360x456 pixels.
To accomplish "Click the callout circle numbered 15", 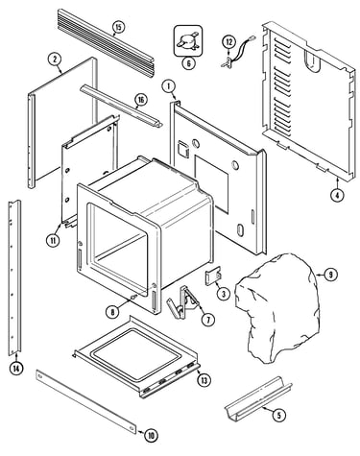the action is tap(118, 27).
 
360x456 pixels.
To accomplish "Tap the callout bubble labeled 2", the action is tap(55, 59).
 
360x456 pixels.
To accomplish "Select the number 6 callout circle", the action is tap(188, 63).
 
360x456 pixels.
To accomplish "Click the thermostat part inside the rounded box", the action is tap(188, 41).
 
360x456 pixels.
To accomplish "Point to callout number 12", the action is tap(229, 41).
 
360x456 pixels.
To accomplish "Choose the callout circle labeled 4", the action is tap(337, 195).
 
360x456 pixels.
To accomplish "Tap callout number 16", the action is tap(141, 100).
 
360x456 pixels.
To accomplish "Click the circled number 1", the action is tap(169, 86).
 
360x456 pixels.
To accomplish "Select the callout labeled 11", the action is tap(53, 239).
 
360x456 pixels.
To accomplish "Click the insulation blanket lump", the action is tap(277, 309).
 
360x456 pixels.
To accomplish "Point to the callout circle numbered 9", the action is tap(330, 275).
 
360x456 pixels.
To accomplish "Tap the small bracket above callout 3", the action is tap(213, 276).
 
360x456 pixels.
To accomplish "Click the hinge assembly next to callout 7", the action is tap(182, 301).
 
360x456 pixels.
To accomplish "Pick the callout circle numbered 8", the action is tap(112, 311).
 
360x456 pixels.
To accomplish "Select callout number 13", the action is tap(204, 380).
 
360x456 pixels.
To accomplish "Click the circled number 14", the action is tap(16, 369).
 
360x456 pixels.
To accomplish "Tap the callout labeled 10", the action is tap(151, 435).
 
